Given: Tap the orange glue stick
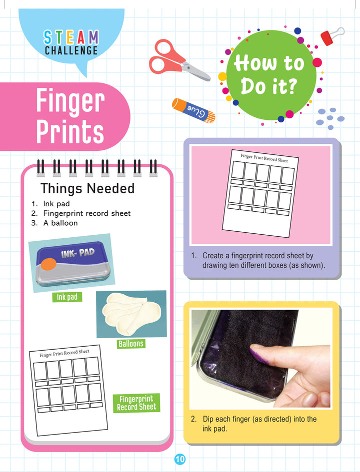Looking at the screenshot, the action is click(x=193, y=111).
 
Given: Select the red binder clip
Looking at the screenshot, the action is click(x=331, y=36).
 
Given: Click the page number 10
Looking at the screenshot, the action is click(x=180, y=460).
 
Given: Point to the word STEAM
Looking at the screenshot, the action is click(x=71, y=37).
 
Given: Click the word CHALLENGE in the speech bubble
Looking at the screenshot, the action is click(x=71, y=50).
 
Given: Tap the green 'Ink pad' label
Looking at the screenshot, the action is click(x=67, y=297).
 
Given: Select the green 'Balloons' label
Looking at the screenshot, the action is click(x=131, y=344).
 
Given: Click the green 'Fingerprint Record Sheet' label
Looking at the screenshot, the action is click(x=136, y=403).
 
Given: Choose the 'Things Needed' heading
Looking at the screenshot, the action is click(x=87, y=188).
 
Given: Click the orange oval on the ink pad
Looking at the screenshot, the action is click(x=48, y=264).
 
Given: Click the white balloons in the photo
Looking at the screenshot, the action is click(x=131, y=313).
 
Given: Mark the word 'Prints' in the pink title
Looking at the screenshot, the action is click(x=70, y=131).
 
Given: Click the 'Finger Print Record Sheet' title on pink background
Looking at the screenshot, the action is click(x=264, y=158).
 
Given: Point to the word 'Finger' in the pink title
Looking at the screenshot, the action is click(x=70, y=101).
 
